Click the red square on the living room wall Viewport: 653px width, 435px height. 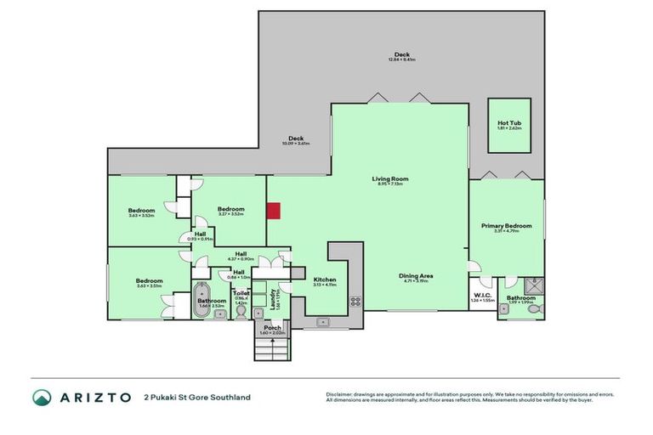coord(274,212)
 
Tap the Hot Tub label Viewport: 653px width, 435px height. coord(509,123)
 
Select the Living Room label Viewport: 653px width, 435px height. coord(390,178)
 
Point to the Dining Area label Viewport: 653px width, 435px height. coord(417,275)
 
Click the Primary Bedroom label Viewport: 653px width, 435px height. coord(506,225)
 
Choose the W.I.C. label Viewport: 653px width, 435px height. coord(482,296)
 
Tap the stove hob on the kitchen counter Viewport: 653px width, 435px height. coord(355,300)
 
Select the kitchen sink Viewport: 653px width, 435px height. coord(323,322)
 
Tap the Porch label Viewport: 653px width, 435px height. coord(272,327)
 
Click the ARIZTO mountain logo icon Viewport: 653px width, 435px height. coord(42,397)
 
